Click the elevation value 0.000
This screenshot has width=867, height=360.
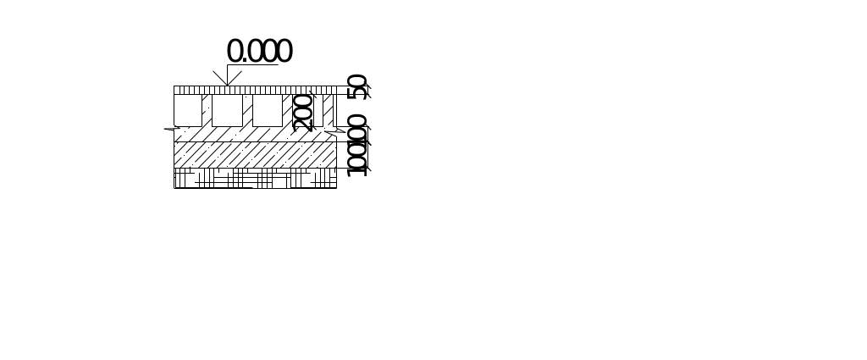259,52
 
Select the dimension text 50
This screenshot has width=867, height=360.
358,86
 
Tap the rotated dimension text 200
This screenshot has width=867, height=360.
302,112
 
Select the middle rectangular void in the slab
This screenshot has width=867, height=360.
227,110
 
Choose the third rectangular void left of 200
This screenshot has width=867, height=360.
267,110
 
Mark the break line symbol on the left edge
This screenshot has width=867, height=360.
172,129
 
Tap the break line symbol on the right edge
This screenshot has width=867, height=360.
335,132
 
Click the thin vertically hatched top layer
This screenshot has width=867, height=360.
254,89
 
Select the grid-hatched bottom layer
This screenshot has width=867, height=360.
254,178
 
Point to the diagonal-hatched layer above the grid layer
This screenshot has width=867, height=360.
254,154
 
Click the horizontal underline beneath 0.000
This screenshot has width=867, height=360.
252,65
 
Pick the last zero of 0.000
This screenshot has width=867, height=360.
284,52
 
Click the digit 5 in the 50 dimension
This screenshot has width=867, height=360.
358,92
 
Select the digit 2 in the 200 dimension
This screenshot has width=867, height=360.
302,124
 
